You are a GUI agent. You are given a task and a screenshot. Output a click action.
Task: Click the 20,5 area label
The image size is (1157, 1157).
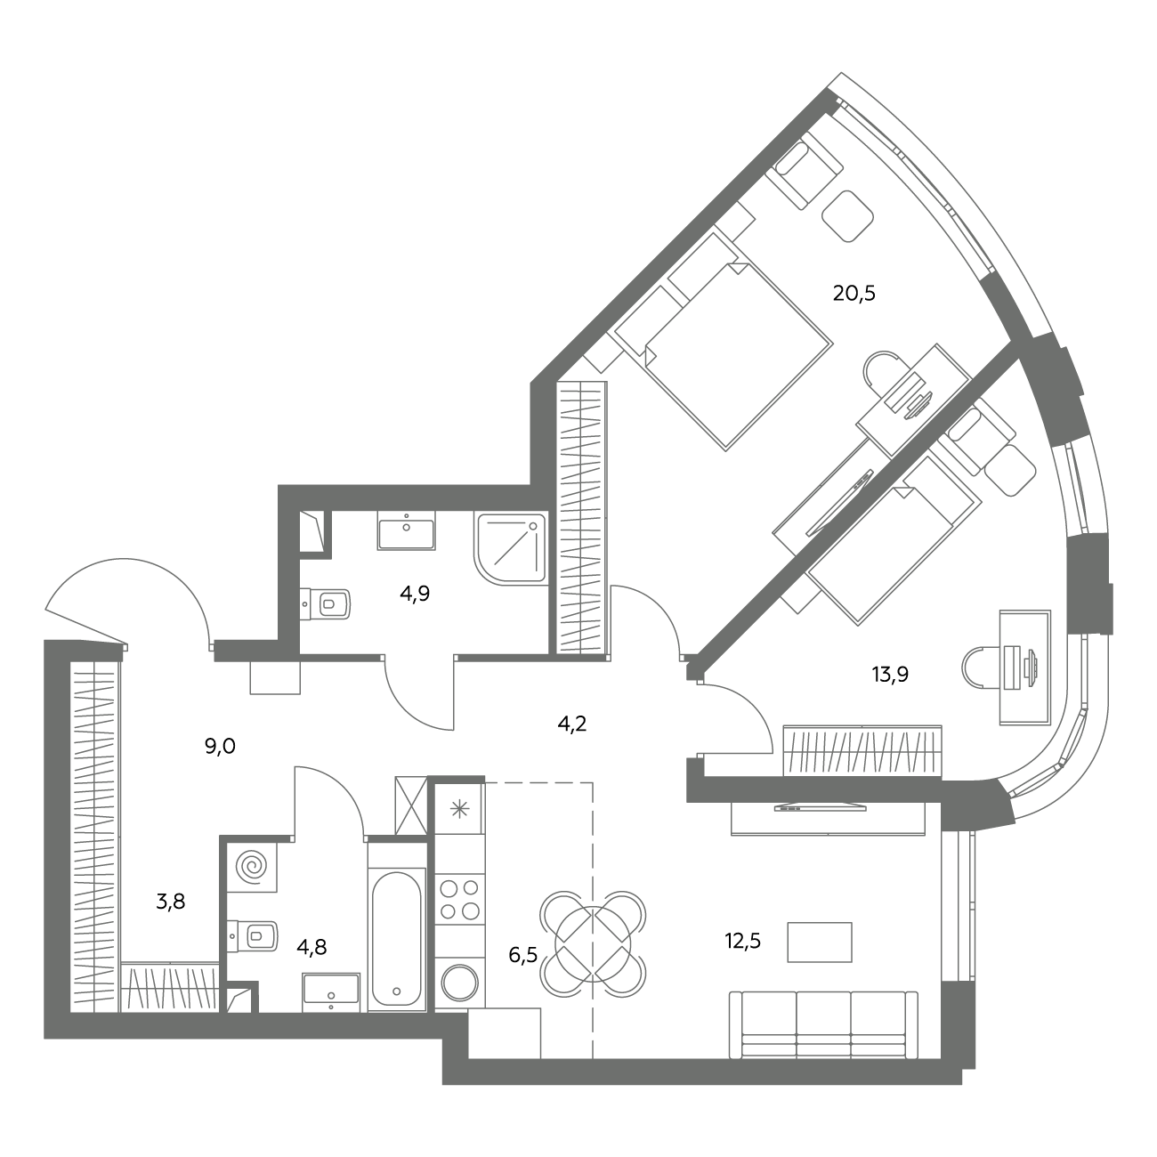[x=854, y=294]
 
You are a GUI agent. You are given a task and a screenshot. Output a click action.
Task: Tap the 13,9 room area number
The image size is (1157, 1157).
[x=890, y=675]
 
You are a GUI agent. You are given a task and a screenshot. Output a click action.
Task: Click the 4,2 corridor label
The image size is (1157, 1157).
[x=571, y=724]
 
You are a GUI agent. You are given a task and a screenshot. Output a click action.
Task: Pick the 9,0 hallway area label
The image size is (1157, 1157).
[x=220, y=747]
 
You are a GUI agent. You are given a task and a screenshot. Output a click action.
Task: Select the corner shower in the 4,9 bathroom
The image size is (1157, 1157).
[x=511, y=548]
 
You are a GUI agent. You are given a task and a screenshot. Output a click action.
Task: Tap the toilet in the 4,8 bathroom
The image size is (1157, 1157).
[x=253, y=936]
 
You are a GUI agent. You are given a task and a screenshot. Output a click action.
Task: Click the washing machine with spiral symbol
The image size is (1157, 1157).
[x=252, y=866]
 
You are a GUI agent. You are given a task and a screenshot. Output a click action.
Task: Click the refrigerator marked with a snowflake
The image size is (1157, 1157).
[x=459, y=809]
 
